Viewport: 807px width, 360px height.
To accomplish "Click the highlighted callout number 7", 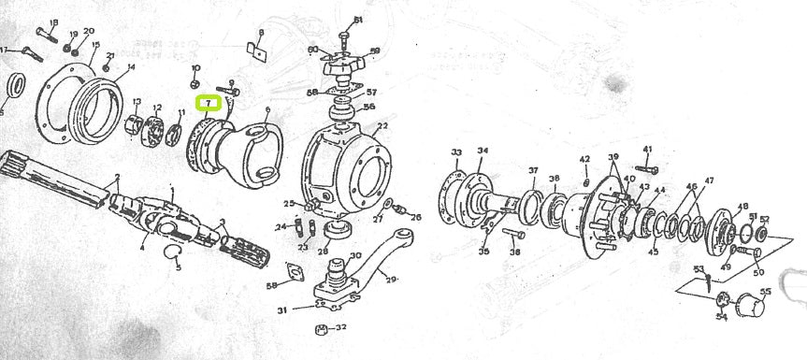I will (x=207, y=103).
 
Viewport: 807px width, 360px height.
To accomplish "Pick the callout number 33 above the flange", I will (x=456, y=151).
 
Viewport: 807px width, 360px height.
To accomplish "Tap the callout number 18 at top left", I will (x=52, y=22).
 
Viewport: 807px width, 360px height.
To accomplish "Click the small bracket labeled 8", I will (x=253, y=49).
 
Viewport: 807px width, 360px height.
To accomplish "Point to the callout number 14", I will (x=130, y=66).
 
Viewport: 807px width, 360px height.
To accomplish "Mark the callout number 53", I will (x=698, y=269).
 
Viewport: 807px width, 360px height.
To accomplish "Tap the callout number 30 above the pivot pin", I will (x=355, y=255).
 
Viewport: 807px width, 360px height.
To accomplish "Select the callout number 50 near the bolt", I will (x=757, y=272).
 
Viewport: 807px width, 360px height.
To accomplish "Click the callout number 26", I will (x=416, y=218).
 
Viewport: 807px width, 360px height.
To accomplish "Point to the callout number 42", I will (x=584, y=159).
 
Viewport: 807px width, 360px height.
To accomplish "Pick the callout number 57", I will (x=370, y=93).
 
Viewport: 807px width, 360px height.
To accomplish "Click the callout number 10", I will (x=195, y=68).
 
